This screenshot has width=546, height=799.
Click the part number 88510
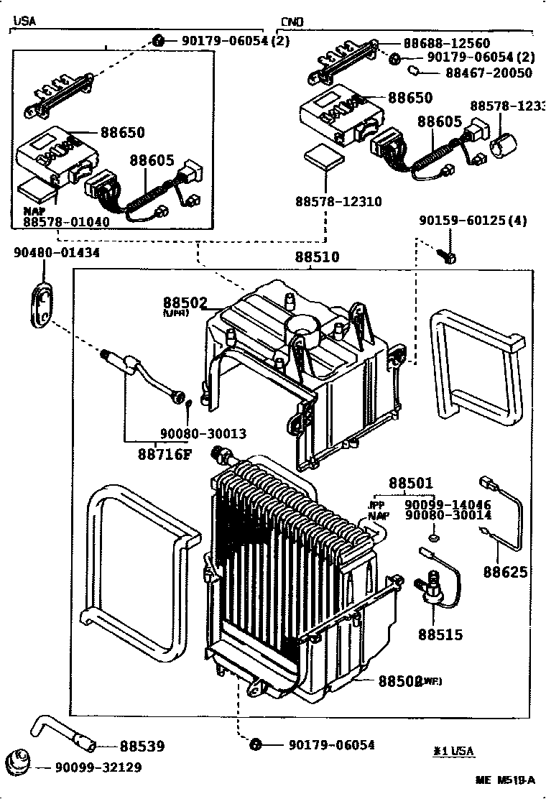pyautogui.click(x=316, y=257)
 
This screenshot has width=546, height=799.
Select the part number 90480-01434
pyautogui.click(x=57, y=253)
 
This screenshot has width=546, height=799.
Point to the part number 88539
pyautogui.click(x=142, y=747)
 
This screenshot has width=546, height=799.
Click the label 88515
pyautogui.click(x=440, y=635)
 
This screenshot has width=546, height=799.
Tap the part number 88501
pyautogui.click(x=411, y=484)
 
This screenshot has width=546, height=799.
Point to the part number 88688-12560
pyautogui.click(x=446, y=43)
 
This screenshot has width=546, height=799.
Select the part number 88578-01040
pyautogui.click(x=66, y=222)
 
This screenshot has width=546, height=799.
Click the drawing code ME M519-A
pyautogui.click(x=505, y=780)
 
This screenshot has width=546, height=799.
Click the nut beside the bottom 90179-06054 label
pyautogui.click(x=254, y=744)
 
